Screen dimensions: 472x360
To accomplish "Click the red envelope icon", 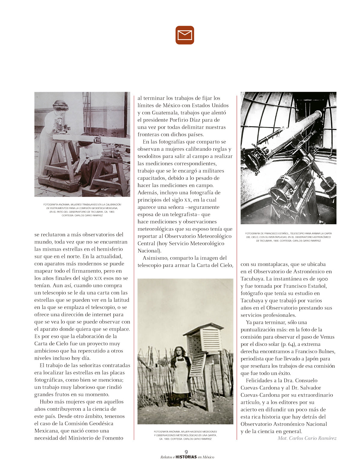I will (x=185, y=35).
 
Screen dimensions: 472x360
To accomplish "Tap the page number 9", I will (x=186, y=452).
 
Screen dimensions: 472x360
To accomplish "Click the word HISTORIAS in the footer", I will (x=186, y=457).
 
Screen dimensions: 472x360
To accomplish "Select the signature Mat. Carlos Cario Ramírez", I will (x=307, y=438).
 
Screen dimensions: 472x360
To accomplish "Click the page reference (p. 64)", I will (x=286, y=344).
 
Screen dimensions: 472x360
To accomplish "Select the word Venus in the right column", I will (x=327, y=337).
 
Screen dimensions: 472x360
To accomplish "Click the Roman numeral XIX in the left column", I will (x=98, y=278).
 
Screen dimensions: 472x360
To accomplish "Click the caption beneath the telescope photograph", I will (x=288, y=237).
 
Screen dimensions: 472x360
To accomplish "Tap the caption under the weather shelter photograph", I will (x=185, y=435).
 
